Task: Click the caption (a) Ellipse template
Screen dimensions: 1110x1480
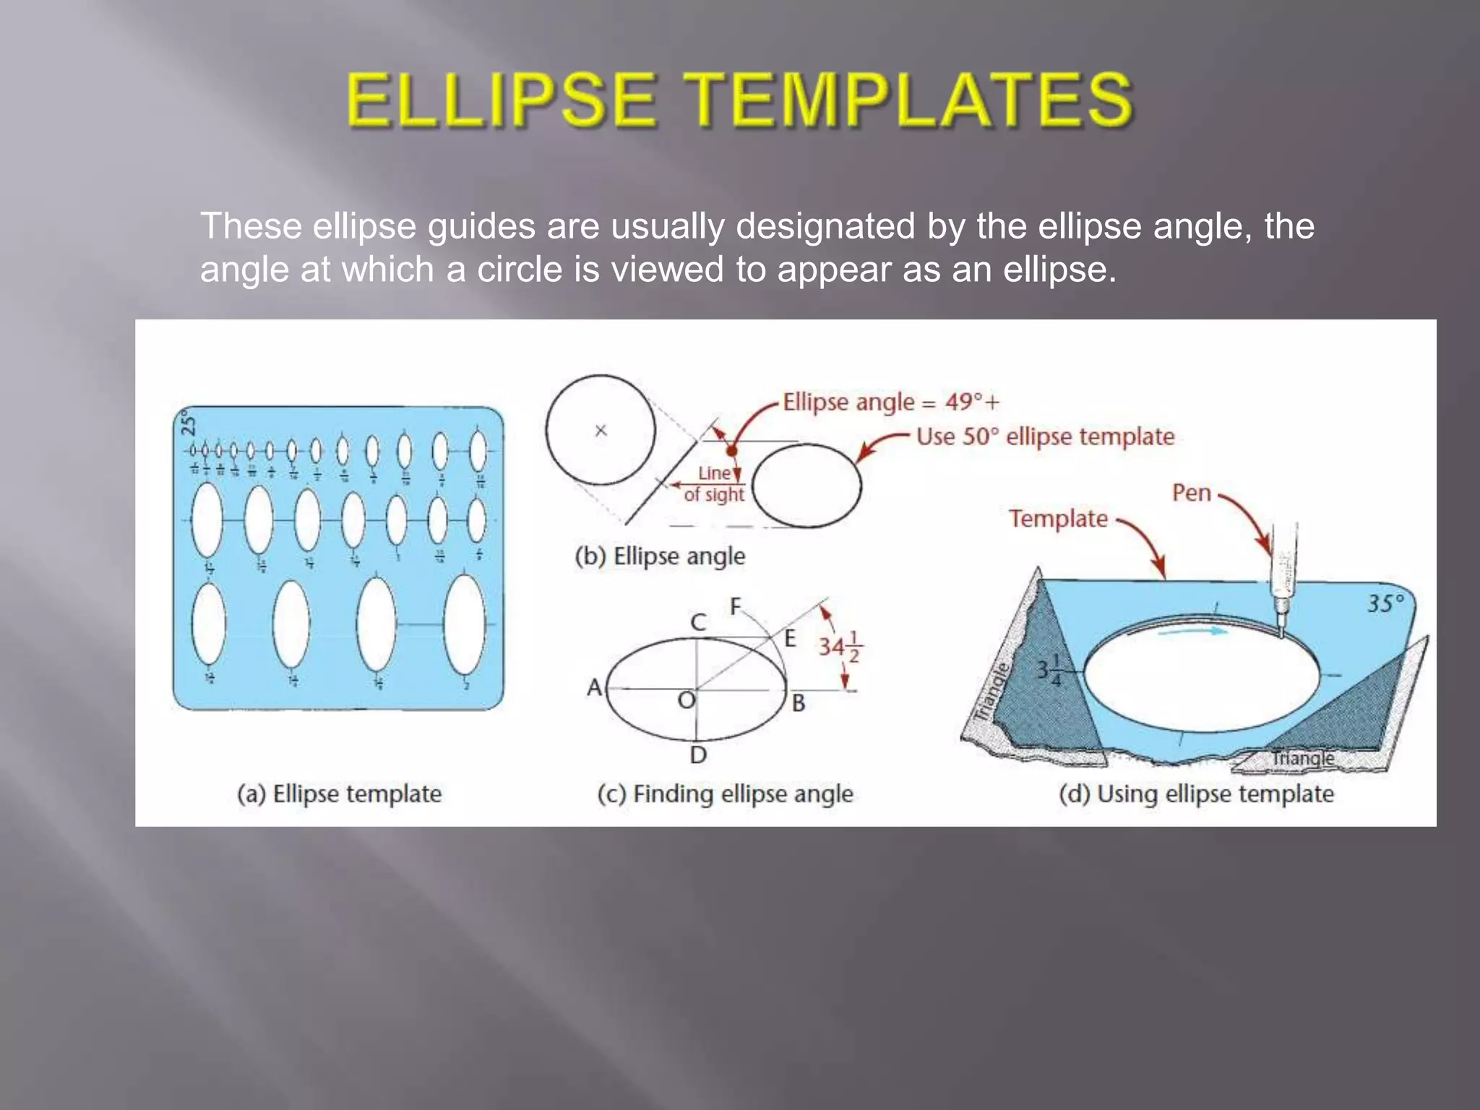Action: [x=339, y=793]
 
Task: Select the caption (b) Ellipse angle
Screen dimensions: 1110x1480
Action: [x=660, y=556]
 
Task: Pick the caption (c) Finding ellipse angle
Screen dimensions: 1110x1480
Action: [x=725, y=793]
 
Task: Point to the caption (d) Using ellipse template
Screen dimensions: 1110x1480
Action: [x=1196, y=793]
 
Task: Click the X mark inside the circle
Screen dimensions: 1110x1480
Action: [x=601, y=431]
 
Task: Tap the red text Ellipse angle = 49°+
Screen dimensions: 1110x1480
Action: [x=891, y=402]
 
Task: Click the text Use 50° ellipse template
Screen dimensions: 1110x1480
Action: [x=1045, y=436]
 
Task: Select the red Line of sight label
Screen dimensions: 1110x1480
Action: [x=714, y=484]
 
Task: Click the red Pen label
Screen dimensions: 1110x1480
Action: [x=1191, y=494]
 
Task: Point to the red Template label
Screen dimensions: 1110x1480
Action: [x=1058, y=519]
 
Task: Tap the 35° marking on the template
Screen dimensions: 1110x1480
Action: [x=1385, y=604]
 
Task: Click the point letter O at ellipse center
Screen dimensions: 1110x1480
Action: [x=686, y=700]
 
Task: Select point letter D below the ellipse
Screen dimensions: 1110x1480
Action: [x=698, y=755]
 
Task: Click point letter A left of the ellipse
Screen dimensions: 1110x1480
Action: [x=594, y=687]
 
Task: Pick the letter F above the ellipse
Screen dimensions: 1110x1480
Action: [x=736, y=606]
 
